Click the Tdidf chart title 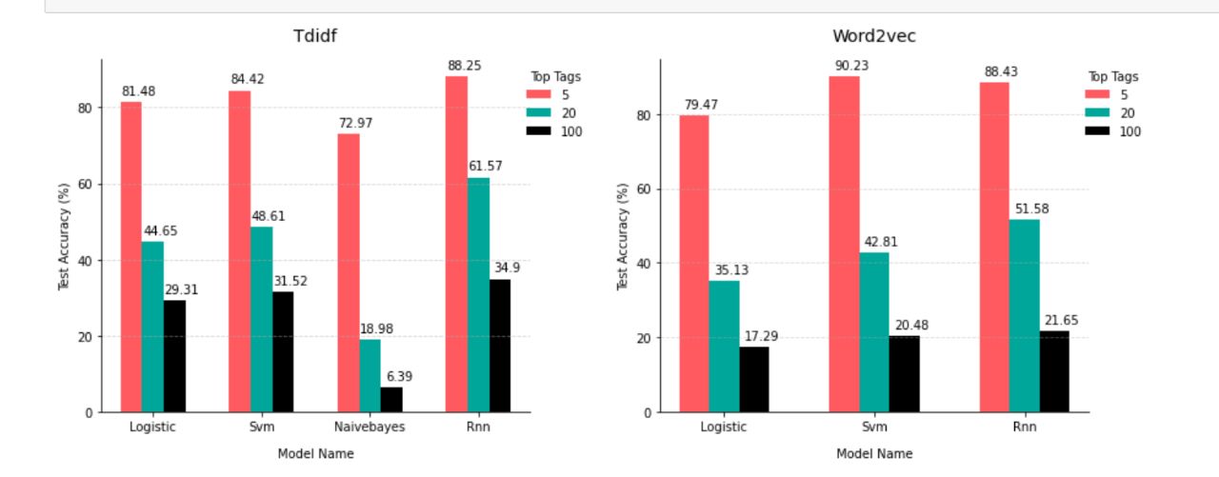(x=316, y=36)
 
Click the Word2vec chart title (x=874, y=36)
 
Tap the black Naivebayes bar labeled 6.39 (x=391, y=400)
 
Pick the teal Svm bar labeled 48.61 (x=262, y=319)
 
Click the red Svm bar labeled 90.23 (x=844, y=244)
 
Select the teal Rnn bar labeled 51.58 (x=1024, y=315)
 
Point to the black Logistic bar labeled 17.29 (x=753, y=379)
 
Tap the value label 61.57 (x=485, y=167)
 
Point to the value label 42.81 (x=880, y=242)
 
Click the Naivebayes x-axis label (x=370, y=427)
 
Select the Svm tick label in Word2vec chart (x=874, y=427)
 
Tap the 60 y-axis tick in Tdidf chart (x=85, y=184)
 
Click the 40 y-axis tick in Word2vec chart (x=644, y=264)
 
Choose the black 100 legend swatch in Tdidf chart (x=539, y=131)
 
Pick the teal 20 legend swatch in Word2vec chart (x=1097, y=113)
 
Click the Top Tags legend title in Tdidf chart (x=555, y=77)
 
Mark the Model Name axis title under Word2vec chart (x=874, y=454)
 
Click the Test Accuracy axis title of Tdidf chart (x=64, y=236)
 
